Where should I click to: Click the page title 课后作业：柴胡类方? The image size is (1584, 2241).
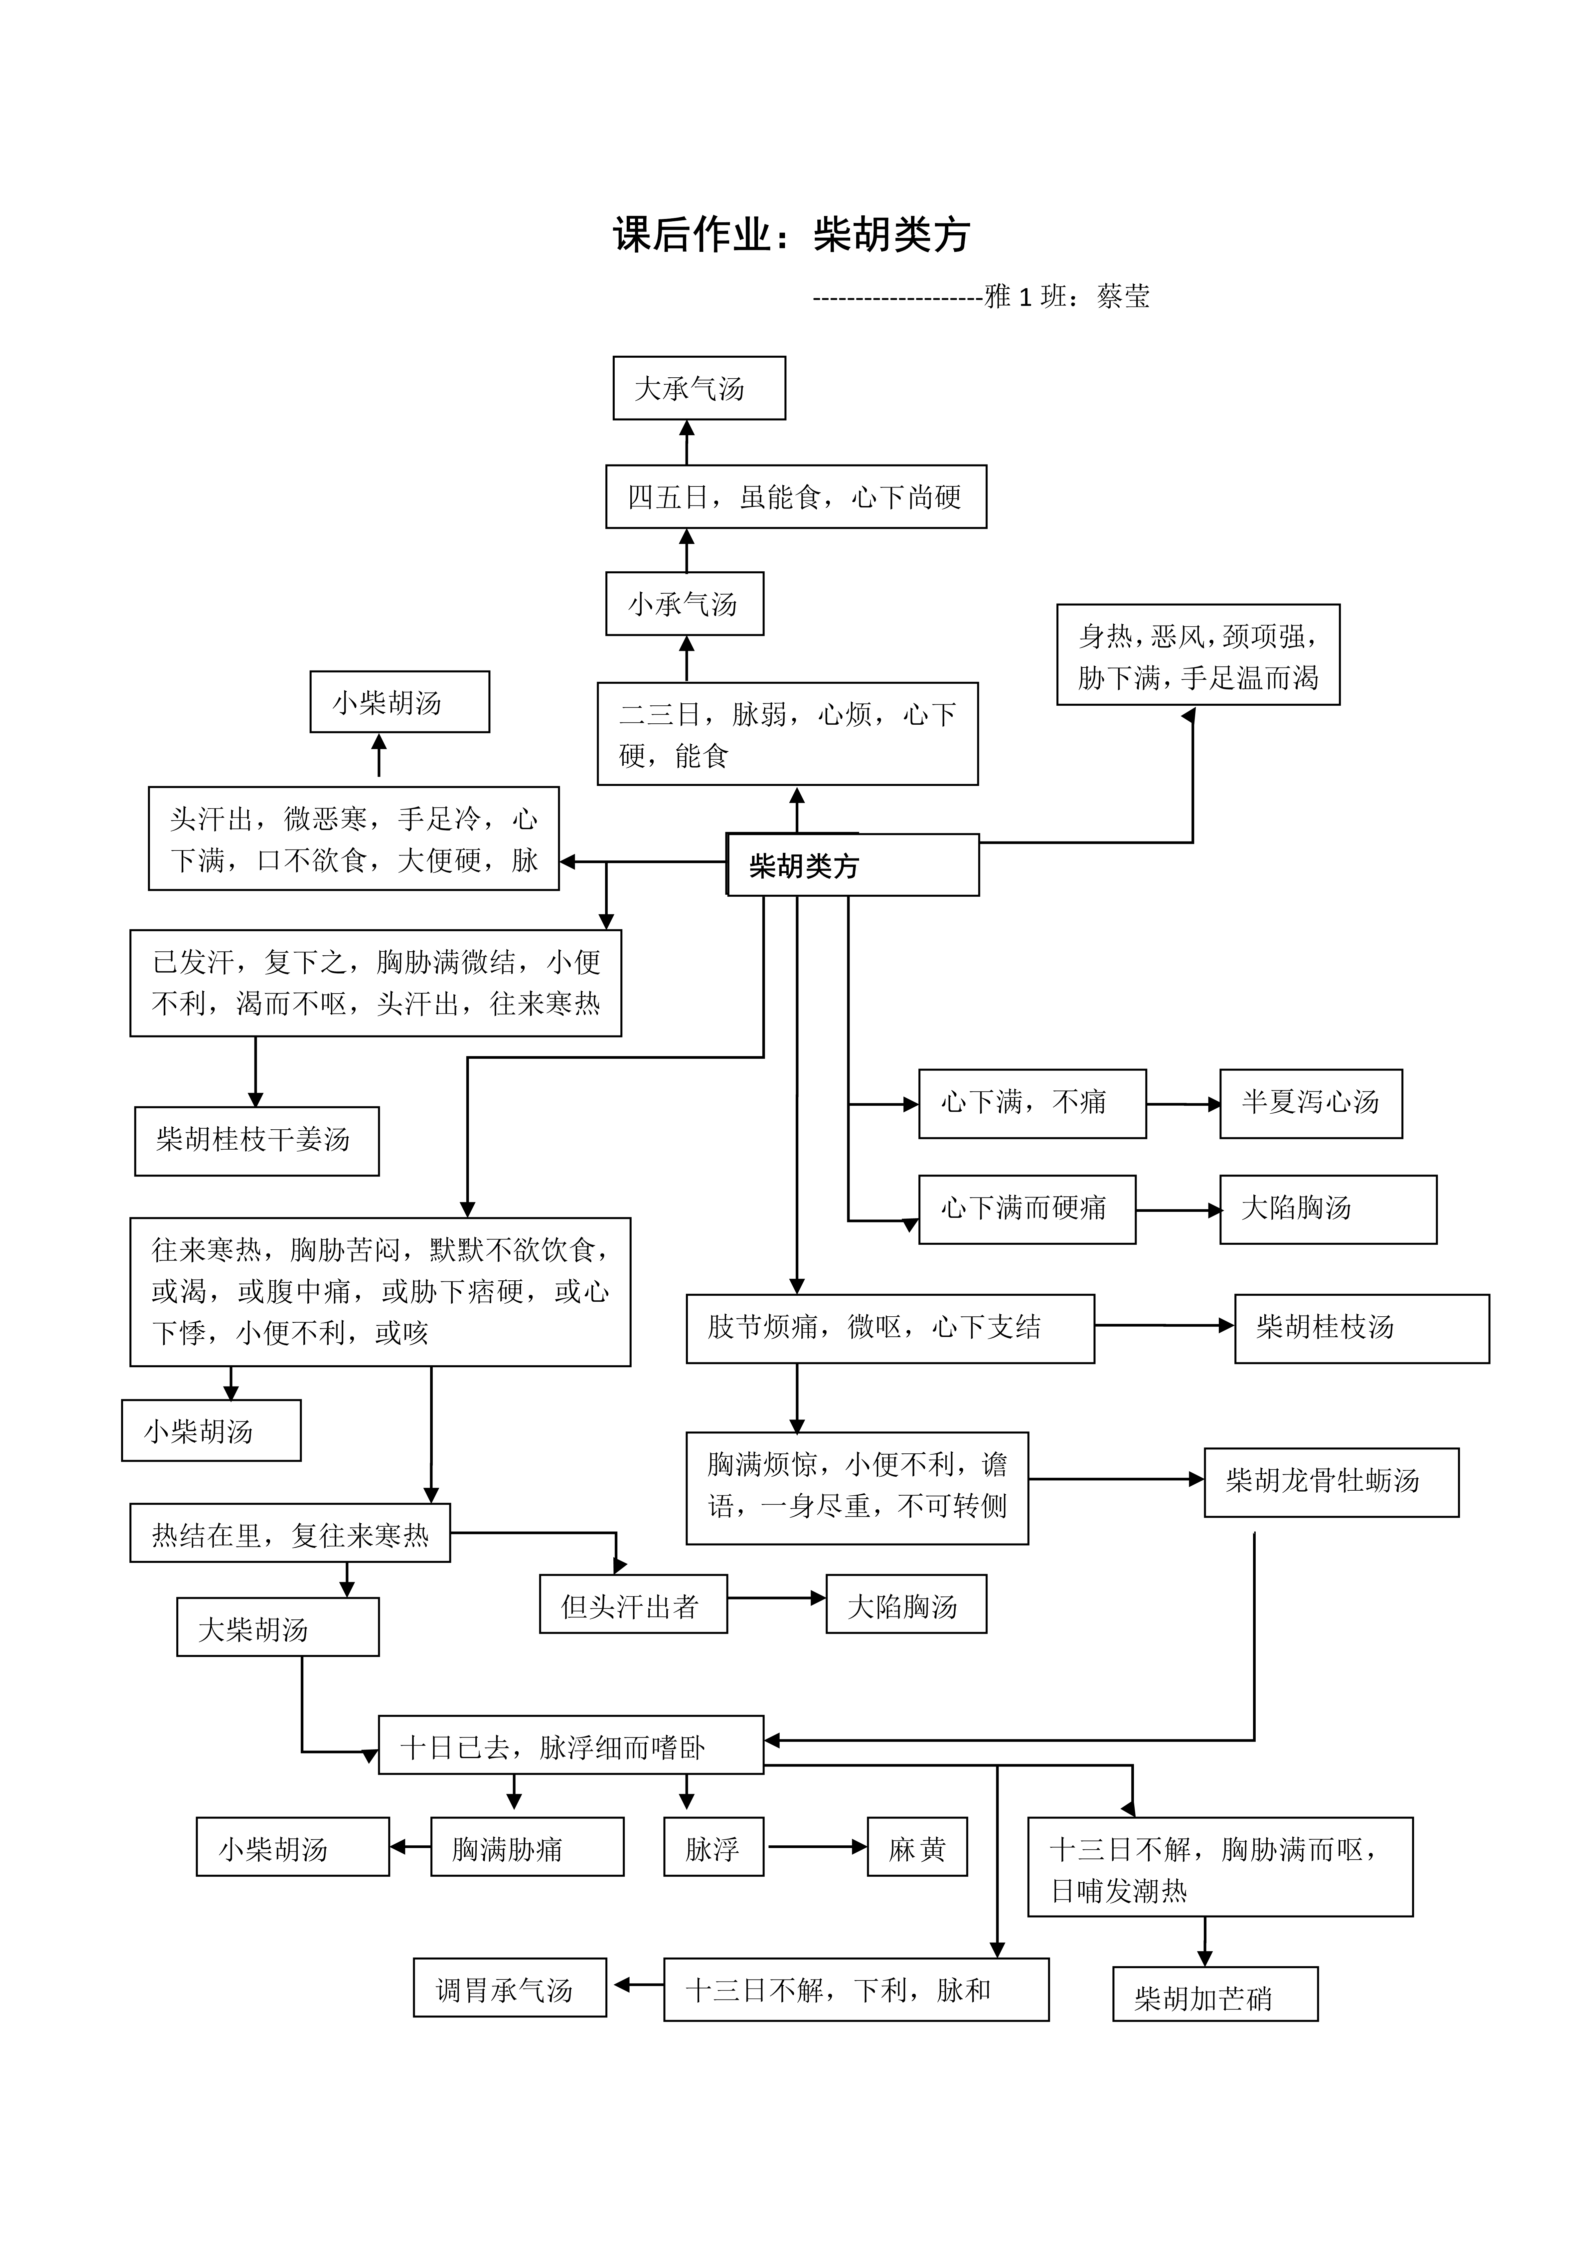[792, 234]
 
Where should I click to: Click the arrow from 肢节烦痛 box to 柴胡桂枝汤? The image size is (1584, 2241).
[1164, 1326]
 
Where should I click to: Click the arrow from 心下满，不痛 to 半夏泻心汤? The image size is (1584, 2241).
[1183, 1104]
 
